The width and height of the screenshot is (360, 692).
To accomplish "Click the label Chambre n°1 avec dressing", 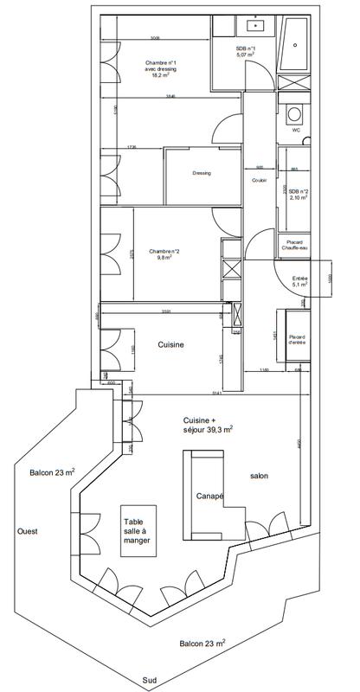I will click(x=160, y=69).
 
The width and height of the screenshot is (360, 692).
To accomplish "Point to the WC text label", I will click(x=295, y=130).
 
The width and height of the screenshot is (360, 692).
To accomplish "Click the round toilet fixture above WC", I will click(x=296, y=113).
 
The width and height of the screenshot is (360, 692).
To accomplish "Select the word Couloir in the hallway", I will click(x=258, y=180).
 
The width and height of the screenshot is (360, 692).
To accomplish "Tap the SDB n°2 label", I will click(x=299, y=194).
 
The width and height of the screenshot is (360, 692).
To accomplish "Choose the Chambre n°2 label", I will click(x=163, y=253).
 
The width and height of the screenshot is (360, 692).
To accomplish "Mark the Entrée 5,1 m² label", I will click(x=300, y=281).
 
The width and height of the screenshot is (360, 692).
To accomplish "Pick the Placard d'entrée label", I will click(x=297, y=338).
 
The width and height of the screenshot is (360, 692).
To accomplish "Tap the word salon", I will click(x=260, y=477).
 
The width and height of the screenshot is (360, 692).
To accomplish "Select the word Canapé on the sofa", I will click(x=209, y=496).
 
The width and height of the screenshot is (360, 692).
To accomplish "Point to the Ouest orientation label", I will click(x=29, y=533).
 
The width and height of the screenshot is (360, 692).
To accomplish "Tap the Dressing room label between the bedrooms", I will click(x=201, y=172).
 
